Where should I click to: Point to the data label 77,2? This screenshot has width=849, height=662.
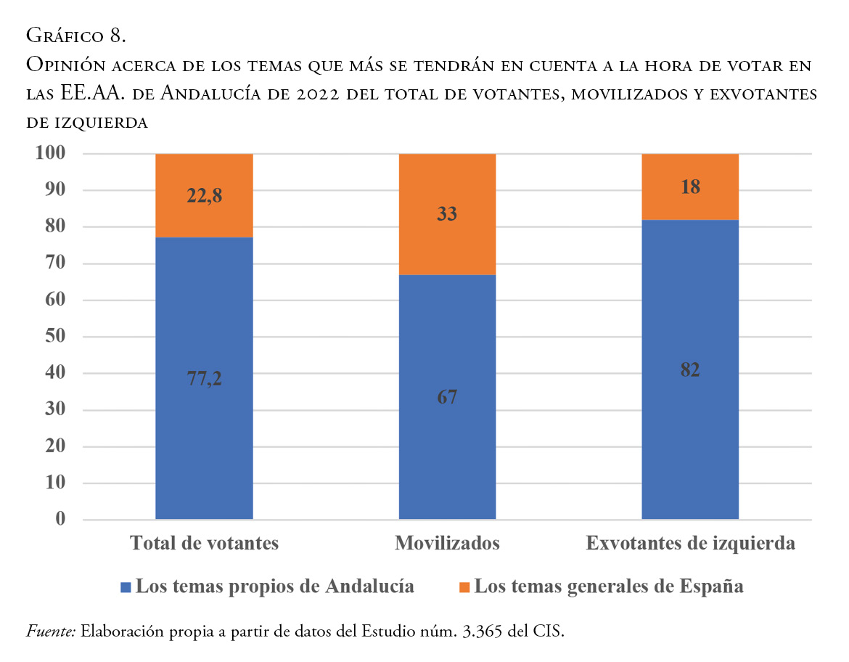click(204, 378)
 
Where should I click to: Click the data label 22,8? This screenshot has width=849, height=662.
click(204, 195)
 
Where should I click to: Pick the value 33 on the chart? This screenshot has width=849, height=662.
click(447, 214)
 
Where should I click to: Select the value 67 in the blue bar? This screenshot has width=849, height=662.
click(447, 397)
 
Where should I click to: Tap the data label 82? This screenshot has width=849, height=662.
click(690, 369)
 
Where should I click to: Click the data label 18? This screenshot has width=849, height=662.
click(690, 187)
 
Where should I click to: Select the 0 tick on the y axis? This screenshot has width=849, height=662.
click(61, 520)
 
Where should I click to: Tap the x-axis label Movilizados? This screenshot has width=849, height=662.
click(447, 544)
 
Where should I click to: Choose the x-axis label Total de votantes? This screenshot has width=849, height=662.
click(204, 544)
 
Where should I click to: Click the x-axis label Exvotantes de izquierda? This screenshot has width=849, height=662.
click(690, 544)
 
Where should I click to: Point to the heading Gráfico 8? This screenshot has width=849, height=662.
click(76, 35)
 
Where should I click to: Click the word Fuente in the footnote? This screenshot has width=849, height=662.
click(51, 632)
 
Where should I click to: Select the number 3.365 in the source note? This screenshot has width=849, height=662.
click(483, 632)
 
